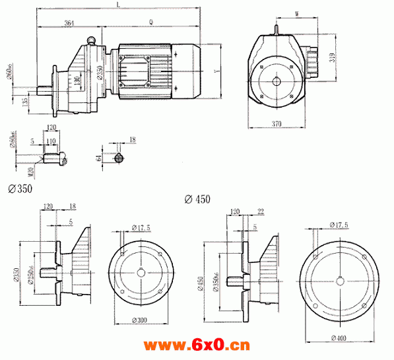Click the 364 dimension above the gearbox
[69, 23]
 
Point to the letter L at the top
[118, 5]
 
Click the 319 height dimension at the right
[333, 57]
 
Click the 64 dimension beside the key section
[99, 157]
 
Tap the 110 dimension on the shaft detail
[51, 142]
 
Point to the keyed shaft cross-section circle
[119, 158]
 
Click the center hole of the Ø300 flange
[141, 271]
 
